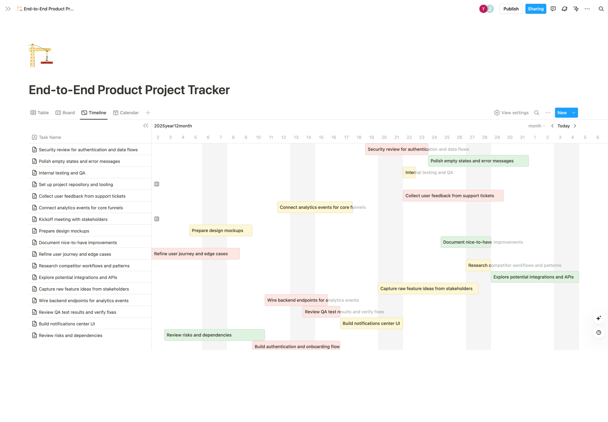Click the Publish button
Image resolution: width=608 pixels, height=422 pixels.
(511, 9)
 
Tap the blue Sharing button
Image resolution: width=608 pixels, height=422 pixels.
(535, 9)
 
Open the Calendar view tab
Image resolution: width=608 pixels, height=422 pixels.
(126, 113)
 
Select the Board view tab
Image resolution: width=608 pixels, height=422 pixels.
(65, 113)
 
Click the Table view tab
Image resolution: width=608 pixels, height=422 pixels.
(40, 113)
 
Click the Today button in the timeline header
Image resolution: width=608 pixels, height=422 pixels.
(563, 126)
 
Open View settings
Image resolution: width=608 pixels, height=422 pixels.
(511, 113)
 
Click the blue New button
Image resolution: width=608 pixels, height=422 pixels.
(562, 113)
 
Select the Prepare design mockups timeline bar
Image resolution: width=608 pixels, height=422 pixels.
(220, 230)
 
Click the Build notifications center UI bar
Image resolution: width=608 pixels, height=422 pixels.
(371, 323)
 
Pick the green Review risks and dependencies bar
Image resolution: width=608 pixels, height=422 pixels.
(214, 335)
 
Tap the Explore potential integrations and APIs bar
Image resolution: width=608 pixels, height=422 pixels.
(534, 277)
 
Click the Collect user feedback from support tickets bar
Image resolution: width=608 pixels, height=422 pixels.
(453, 196)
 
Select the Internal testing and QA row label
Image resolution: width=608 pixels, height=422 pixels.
(62, 173)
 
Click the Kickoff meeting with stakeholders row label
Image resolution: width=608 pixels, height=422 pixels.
(73, 219)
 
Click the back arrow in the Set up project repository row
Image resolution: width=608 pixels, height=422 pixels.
(157, 184)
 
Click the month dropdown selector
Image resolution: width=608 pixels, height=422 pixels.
(537, 126)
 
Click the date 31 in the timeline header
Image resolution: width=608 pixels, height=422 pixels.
(522, 137)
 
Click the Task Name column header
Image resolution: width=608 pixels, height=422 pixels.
(50, 137)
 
